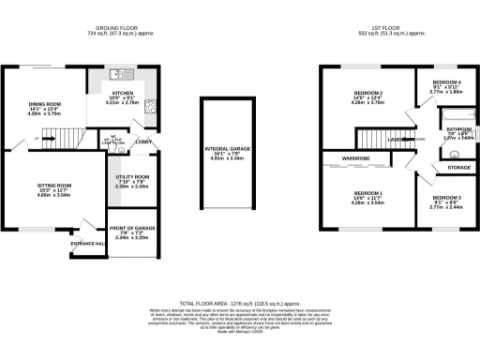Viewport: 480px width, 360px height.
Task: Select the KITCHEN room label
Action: pos(124,94)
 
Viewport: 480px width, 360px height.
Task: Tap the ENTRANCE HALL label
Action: pos(86,244)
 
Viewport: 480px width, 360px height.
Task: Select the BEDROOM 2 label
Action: pos(368,94)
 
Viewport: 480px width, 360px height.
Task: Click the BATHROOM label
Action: pos(458,129)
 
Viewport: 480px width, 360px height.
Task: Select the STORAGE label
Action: pos(459,168)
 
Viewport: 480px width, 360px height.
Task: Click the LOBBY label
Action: pos(142,142)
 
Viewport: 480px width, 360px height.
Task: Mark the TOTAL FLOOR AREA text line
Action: pos(240,305)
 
